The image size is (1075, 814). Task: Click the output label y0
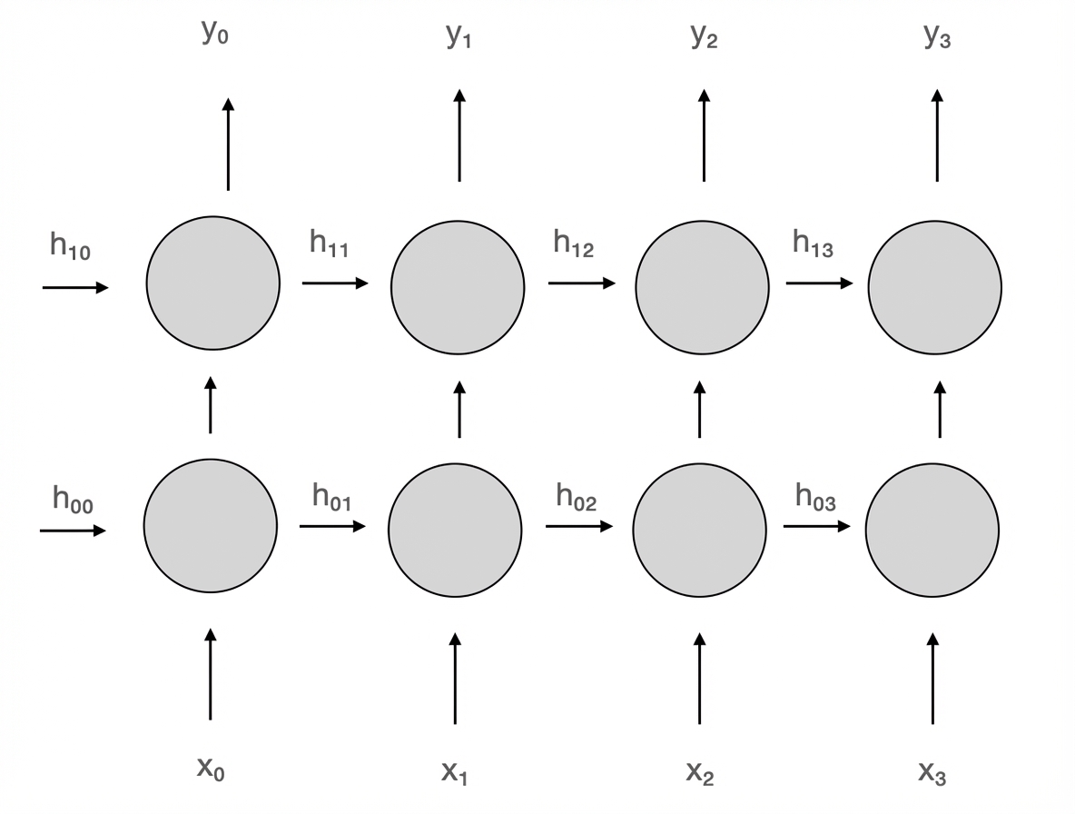(x=214, y=35)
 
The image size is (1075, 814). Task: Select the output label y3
(x=937, y=36)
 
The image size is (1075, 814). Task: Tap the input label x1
(x=455, y=772)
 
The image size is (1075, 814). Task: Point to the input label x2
(x=700, y=772)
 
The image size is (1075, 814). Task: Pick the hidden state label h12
(x=574, y=243)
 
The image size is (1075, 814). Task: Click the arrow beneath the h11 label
(x=335, y=283)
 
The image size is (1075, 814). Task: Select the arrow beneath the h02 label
(x=578, y=526)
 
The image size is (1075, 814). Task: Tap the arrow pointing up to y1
(x=459, y=135)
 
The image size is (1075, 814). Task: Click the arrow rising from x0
(x=211, y=673)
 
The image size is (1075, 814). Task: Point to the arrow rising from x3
(x=932, y=678)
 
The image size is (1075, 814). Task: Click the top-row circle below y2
(x=702, y=287)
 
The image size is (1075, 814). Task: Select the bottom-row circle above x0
(x=211, y=526)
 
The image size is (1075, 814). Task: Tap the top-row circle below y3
(x=935, y=287)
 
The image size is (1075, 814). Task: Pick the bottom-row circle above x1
(x=455, y=530)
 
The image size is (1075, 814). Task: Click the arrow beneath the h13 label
(x=819, y=283)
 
